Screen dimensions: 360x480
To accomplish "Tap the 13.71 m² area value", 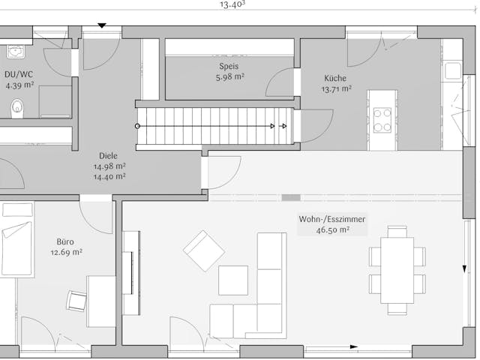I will [x=335, y=89].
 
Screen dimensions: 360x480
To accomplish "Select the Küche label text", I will [x=335, y=78].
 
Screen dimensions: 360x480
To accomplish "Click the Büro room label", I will [x=65, y=241].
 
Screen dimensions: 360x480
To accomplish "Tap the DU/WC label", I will [x=19, y=74].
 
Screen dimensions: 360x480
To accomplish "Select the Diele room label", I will [x=109, y=156].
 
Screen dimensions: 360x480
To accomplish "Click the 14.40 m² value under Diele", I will [x=109, y=177].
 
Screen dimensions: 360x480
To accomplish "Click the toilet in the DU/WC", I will [x=17, y=109].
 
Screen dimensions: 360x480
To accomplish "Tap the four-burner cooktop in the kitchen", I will [x=382, y=120].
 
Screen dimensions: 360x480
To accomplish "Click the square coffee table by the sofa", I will [x=233, y=280].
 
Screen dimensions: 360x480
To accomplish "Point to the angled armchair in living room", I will [x=204, y=250].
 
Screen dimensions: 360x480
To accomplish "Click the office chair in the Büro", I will [x=76, y=300].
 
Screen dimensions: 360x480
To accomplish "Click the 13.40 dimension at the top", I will [x=232, y=4].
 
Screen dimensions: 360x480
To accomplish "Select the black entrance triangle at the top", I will [x=102, y=26].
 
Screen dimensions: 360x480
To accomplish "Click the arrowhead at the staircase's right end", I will [x=283, y=126].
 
